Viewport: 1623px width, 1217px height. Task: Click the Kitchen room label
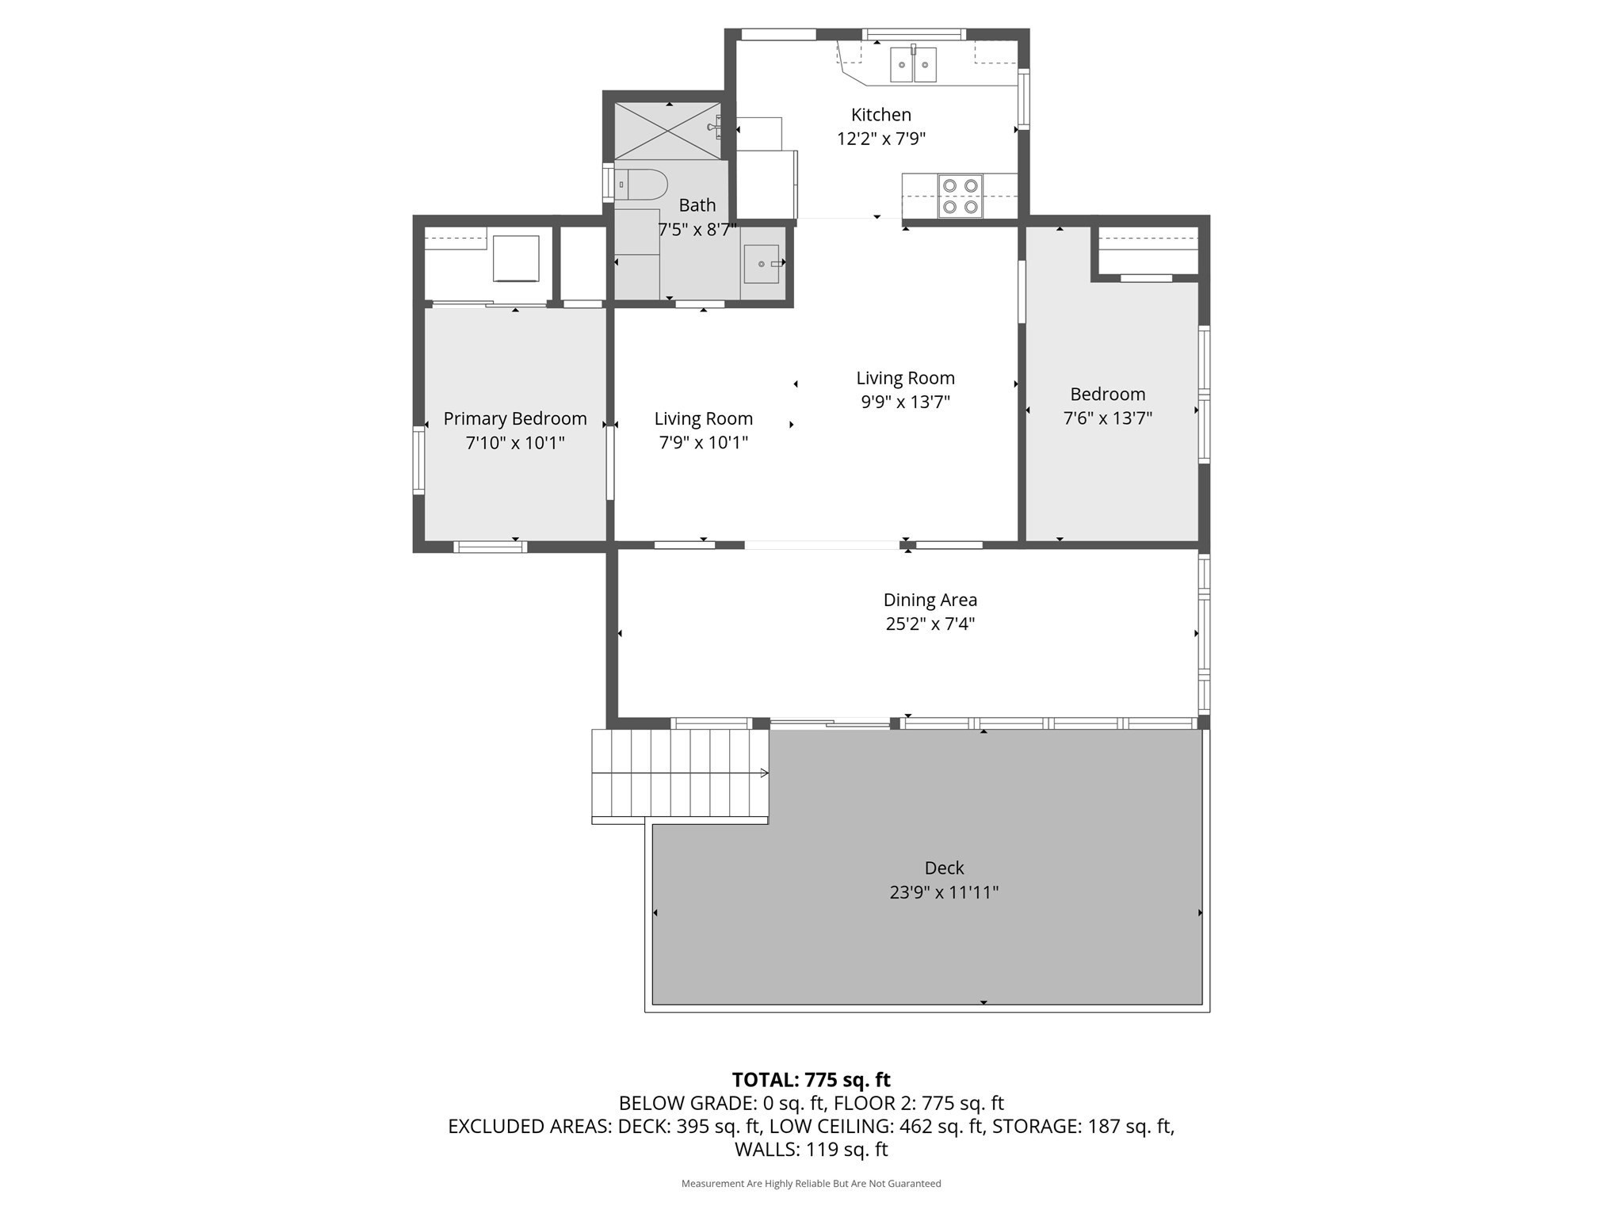(x=880, y=115)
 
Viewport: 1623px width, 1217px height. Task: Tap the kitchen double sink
(x=913, y=64)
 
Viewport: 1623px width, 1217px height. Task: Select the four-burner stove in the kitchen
(x=960, y=196)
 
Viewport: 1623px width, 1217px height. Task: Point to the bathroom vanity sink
(x=762, y=264)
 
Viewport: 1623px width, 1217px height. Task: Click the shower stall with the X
(x=667, y=131)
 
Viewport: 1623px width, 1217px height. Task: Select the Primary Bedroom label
(x=515, y=418)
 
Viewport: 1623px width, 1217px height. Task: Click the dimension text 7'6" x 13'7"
(x=1107, y=418)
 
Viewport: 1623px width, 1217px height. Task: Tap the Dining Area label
(x=930, y=600)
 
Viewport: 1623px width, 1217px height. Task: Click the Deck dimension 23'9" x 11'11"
(x=943, y=892)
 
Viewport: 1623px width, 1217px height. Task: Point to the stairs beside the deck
(x=680, y=775)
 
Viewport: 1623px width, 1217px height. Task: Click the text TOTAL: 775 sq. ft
(x=811, y=1080)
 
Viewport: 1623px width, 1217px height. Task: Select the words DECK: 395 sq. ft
(x=689, y=1126)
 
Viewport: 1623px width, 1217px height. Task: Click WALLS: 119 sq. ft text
(x=811, y=1149)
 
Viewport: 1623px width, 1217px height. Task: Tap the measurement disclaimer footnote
(x=811, y=1184)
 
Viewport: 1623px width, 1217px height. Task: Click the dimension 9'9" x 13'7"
(x=905, y=402)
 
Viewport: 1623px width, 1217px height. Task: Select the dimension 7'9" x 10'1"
(x=703, y=442)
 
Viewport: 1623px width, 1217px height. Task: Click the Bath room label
(x=697, y=205)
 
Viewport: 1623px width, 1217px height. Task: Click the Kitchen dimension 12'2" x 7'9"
(x=880, y=139)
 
